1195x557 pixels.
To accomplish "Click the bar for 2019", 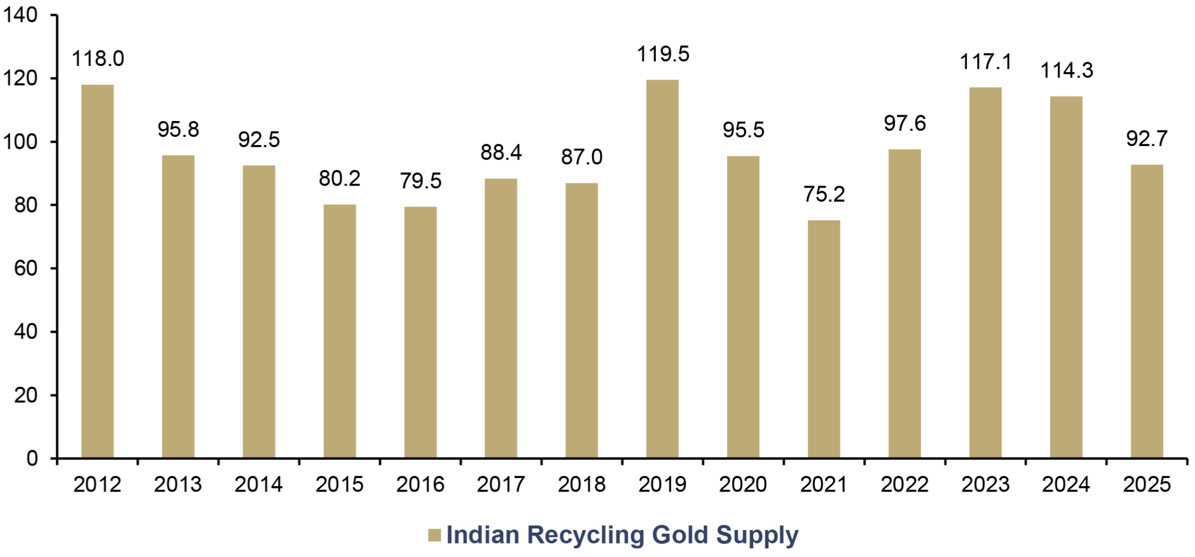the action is point(662,269).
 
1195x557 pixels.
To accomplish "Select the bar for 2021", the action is point(824,340).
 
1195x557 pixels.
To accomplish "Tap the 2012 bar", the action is point(97,271).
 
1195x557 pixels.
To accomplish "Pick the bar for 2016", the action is point(420,333).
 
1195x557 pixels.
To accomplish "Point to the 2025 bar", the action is point(1147,311).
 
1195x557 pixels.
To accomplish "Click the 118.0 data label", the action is point(98,58).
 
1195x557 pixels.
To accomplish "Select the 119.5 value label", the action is point(663,54).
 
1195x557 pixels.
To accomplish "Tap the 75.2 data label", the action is point(824,194).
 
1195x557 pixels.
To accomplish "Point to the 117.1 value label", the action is point(985,62).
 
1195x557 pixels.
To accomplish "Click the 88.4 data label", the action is point(501,152).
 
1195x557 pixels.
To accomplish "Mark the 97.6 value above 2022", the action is point(905,123).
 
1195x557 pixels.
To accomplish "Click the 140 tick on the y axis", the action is point(21,15).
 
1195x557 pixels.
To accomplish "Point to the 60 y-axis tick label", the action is point(26,268).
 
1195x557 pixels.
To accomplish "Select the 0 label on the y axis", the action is point(32,459).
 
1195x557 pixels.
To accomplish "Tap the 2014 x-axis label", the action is point(258,485).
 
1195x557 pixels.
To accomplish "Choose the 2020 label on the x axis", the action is point(743,485).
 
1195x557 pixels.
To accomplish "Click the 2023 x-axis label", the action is point(985,485).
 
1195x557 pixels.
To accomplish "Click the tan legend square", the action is point(434,535).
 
